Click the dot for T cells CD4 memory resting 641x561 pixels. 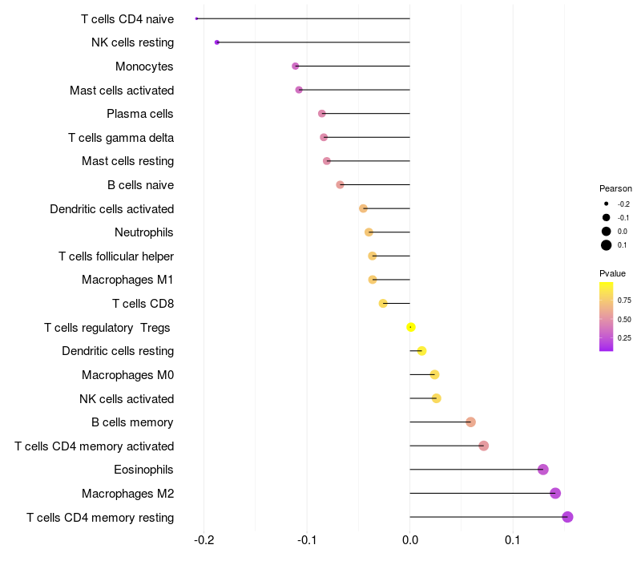[x=567, y=517]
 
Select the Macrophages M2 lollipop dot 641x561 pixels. [x=555, y=494]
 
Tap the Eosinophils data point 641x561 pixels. [x=543, y=470]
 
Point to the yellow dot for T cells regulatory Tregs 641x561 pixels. [x=411, y=327]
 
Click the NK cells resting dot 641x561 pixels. [x=217, y=42]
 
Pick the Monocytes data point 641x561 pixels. [x=296, y=66]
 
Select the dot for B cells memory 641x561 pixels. [x=470, y=422]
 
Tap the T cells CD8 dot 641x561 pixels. [x=383, y=304]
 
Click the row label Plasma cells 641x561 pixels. [x=140, y=114]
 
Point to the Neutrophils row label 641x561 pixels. [x=144, y=232]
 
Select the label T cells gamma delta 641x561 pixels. [x=121, y=138]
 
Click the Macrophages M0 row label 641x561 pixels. [x=127, y=375]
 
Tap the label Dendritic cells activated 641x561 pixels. [x=111, y=209]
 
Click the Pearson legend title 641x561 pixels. [x=615, y=188]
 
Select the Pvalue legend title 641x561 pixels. [x=613, y=274]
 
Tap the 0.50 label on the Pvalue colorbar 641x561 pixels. [x=625, y=320]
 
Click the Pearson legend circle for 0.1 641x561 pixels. [x=607, y=245]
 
